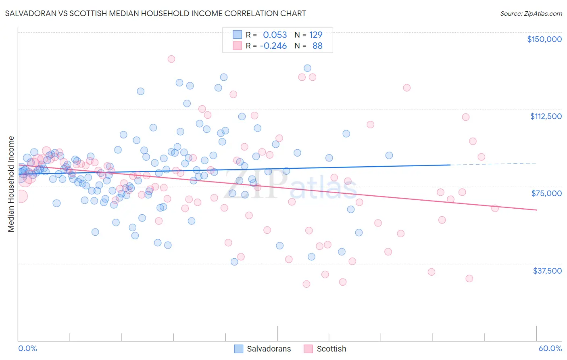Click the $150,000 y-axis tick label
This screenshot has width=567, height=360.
[544, 39]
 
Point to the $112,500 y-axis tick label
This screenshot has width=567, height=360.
[546, 116]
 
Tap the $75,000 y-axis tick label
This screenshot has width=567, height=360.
[546, 193]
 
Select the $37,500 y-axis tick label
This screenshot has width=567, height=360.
[547, 271]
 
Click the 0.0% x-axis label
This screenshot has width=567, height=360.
[27, 348]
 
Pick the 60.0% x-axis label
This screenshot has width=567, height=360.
[550, 348]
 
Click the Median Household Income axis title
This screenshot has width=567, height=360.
[11, 184]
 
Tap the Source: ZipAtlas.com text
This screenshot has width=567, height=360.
[531, 13]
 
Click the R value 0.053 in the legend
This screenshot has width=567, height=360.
[275, 35]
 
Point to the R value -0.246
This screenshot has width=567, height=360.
[273, 46]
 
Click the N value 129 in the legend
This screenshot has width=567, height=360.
[316, 35]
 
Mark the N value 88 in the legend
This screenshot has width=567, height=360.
[317, 46]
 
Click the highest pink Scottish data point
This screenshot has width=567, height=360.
[171, 59]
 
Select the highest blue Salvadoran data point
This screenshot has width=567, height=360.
[307, 68]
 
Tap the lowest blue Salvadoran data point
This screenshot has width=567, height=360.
[234, 262]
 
